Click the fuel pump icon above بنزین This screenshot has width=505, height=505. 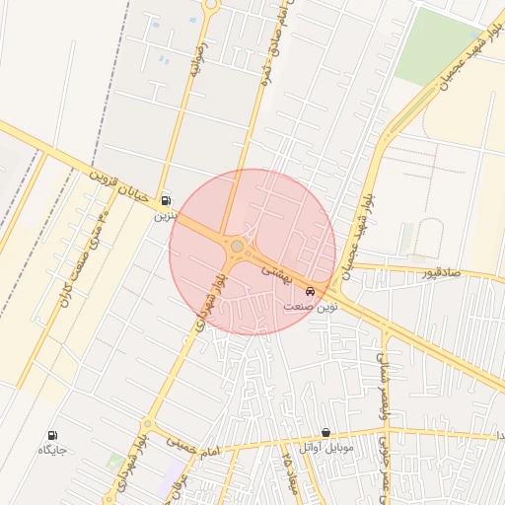[x=165, y=200]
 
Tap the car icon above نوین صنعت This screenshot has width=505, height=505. [x=312, y=291]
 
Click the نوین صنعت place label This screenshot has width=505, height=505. [x=311, y=306]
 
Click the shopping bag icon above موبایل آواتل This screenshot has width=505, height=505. [x=325, y=433]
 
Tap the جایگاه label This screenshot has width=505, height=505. [x=51, y=450]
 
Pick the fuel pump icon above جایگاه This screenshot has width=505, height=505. [x=52, y=435]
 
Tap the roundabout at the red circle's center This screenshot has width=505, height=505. [x=237, y=246]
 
